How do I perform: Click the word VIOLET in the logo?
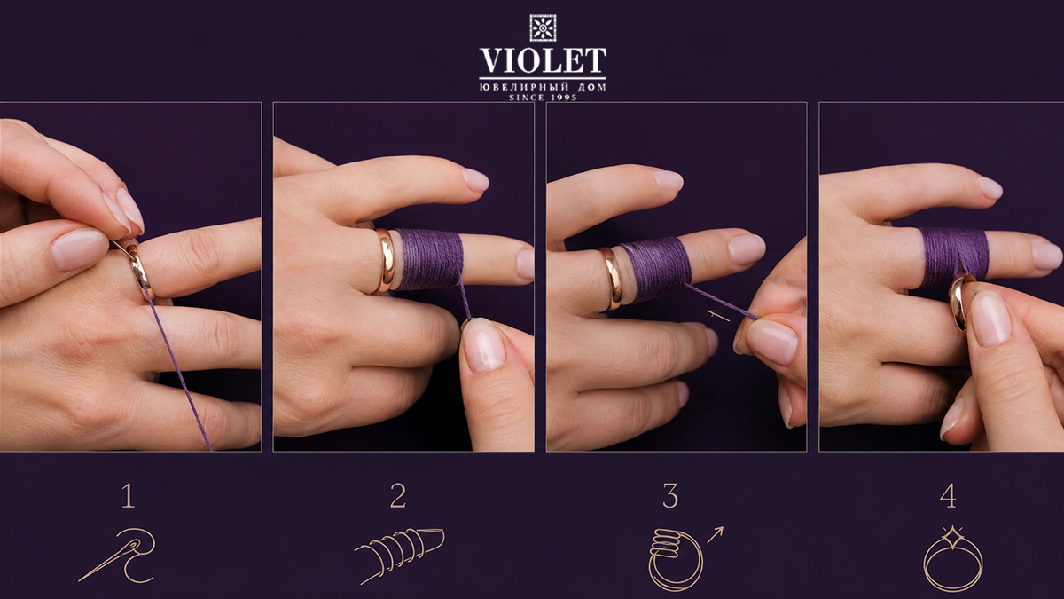pyautogui.click(x=543, y=60)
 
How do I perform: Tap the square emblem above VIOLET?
pyautogui.click(x=543, y=28)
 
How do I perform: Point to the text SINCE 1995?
pyautogui.click(x=543, y=98)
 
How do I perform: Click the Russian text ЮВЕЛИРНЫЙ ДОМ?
pyautogui.click(x=543, y=87)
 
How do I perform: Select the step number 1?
pyautogui.click(x=129, y=496)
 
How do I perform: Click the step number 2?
pyautogui.click(x=398, y=496)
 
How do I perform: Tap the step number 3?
pyautogui.click(x=670, y=496)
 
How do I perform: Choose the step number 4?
pyautogui.click(x=948, y=496)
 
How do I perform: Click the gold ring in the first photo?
pyautogui.click(x=139, y=272)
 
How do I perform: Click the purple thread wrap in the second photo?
pyautogui.click(x=429, y=259)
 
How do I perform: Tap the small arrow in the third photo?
pyautogui.click(x=717, y=315)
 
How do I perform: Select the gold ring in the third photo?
pyautogui.click(x=611, y=278)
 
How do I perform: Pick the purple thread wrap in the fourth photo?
pyautogui.click(x=954, y=256)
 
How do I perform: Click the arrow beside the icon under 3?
pyautogui.click(x=716, y=534)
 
